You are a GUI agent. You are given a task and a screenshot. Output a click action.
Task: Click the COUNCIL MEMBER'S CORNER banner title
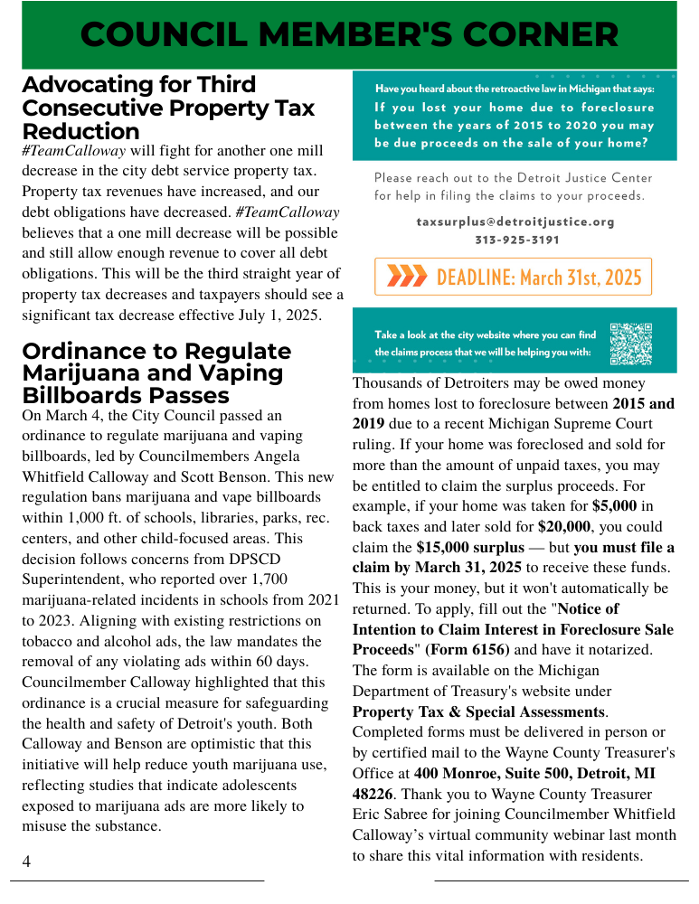(349, 34)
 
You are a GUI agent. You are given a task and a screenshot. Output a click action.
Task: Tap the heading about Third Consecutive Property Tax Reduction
(168, 108)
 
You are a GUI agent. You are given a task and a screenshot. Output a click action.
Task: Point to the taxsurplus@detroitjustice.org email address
(515, 221)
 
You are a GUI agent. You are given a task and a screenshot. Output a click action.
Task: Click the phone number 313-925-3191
(516, 240)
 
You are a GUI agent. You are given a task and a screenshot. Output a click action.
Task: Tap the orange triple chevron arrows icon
(406, 277)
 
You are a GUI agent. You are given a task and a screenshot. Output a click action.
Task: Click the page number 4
(26, 862)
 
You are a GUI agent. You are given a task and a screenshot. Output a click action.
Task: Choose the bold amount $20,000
(564, 526)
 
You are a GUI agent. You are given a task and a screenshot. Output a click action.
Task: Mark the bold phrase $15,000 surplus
(469, 547)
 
